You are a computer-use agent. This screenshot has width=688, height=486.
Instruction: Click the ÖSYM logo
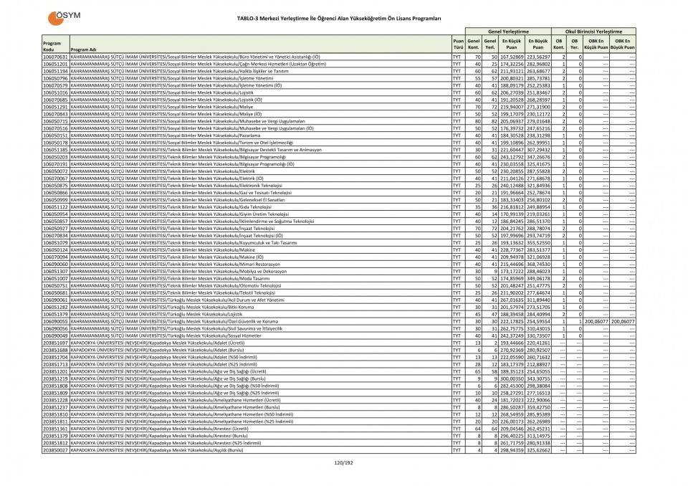click(x=63, y=17)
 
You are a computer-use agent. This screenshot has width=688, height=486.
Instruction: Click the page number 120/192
click(x=344, y=464)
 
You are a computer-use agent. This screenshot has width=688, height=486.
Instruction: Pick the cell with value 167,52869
click(x=512, y=57)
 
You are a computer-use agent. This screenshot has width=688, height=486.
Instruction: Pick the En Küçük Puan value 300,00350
click(x=512, y=378)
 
